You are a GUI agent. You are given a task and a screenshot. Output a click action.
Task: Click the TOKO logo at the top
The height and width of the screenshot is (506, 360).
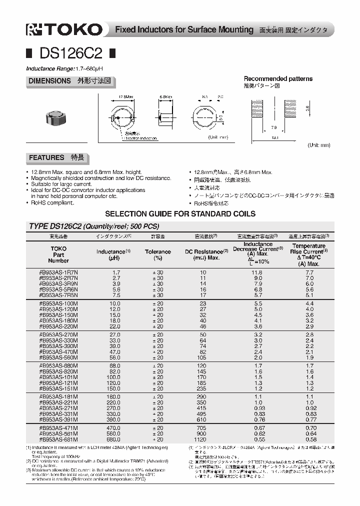click(x=63, y=30)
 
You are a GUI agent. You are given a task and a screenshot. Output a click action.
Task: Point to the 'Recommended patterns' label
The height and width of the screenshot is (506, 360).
click(x=278, y=78)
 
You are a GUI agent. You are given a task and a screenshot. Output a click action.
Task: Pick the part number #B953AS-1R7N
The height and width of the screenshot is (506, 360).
click(x=58, y=271)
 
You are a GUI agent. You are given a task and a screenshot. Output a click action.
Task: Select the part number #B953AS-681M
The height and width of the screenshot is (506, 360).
click(x=58, y=439)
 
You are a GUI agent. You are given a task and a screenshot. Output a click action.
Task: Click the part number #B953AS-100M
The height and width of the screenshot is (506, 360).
click(x=58, y=303)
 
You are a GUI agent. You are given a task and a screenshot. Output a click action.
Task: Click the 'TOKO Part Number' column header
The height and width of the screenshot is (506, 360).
click(x=58, y=254)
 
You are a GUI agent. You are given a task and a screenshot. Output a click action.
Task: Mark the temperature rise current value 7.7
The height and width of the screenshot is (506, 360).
click(x=309, y=271)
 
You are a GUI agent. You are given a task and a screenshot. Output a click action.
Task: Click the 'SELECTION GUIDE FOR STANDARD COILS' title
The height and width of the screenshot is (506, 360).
click(x=180, y=213)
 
